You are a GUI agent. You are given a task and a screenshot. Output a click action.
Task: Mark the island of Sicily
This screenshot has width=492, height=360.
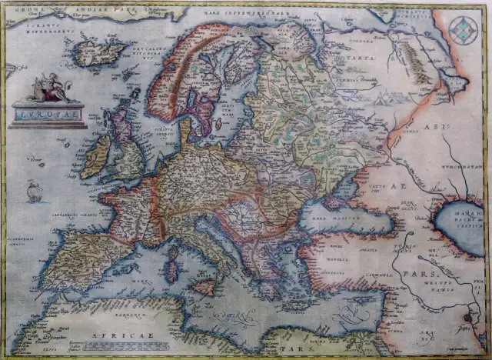point(203,288)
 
